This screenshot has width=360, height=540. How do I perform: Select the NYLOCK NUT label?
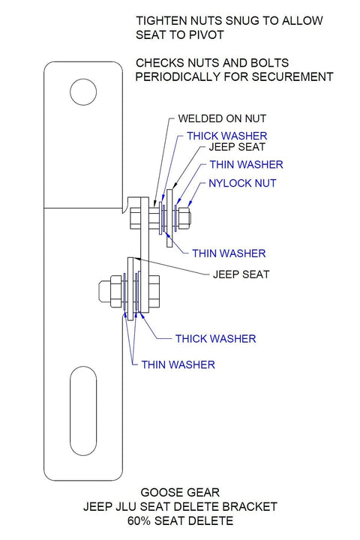pos(242,183)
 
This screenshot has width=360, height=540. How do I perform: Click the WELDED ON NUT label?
pos(221,118)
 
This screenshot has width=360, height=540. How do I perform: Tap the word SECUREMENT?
pos(291,76)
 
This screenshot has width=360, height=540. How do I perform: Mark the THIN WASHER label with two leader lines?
pos(178,364)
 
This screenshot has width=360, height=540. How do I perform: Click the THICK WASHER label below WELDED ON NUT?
pos(223,136)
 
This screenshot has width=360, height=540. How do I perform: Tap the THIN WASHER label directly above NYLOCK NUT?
pos(246,164)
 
